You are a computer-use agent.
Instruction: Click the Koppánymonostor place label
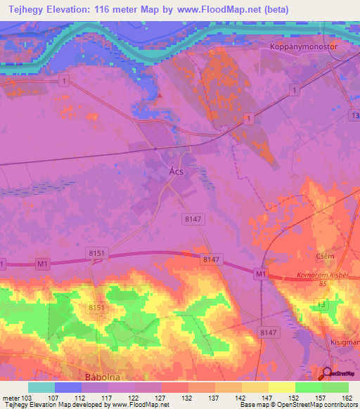(304, 46)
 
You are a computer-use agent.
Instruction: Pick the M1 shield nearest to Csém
(262, 273)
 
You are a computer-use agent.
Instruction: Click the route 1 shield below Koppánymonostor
(295, 90)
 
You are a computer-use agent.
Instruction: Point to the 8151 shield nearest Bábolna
(97, 308)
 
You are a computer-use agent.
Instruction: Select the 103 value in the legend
(27, 397)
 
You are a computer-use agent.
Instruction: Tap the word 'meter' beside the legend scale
(11, 397)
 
